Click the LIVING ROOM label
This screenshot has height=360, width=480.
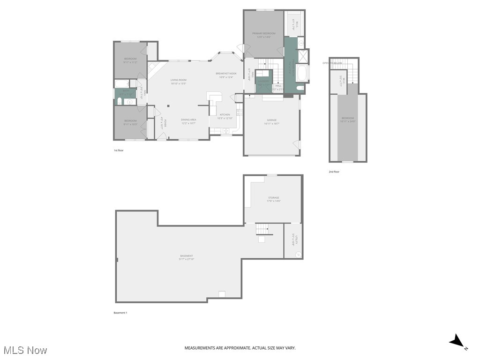(x=178, y=80)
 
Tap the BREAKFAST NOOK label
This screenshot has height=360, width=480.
(x=226, y=74)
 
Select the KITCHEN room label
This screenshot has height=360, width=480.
(x=225, y=115)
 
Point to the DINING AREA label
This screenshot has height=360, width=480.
(x=188, y=120)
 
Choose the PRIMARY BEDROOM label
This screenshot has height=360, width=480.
(x=263, y=33)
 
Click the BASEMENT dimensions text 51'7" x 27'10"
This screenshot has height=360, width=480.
(x=187, y=259)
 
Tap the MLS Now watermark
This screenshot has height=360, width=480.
(x=25, y=350)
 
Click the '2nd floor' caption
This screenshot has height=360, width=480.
(x=334, y=172)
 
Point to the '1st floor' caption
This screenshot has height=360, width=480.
(x=119, y=150)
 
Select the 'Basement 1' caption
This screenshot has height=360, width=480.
(x=120, y=313)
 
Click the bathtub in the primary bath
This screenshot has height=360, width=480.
(x=301, y=74)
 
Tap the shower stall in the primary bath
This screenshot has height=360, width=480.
(x=303, y=56)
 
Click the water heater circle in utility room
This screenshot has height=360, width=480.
(x=298, y=254)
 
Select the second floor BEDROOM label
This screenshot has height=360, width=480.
(x=347, y=118)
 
